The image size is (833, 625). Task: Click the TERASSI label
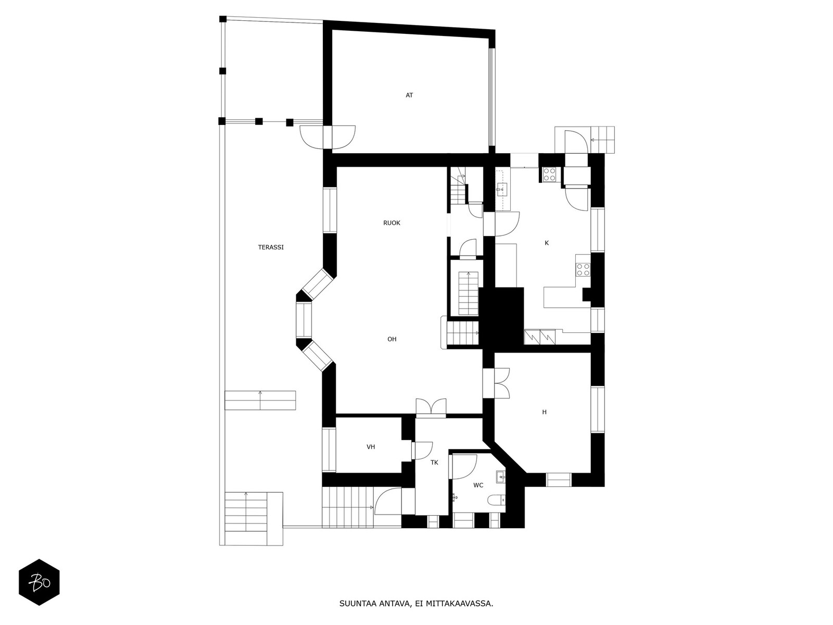[x=271, y=247]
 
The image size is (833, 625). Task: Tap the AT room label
[x=409, y=95]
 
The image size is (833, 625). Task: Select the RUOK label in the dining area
[x=392, y=223]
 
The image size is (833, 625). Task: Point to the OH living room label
[x=392, y=339]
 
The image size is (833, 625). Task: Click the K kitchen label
[x=547, y=243]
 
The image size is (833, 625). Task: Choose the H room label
[x=544, y=412]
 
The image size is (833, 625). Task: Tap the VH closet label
[x=370, y=447]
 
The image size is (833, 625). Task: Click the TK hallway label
[x=434, y=462]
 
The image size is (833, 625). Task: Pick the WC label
[x=478, y=485]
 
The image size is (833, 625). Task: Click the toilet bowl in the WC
[x=497, y=500]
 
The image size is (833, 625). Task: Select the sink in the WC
[x=500, y=477]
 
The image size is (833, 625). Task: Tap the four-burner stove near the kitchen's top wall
[x=549, y=174]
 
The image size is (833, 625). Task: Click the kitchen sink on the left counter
[x=502, y=189]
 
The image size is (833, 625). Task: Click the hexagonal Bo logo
[x=40, y=582]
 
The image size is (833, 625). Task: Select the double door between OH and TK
[x=431, y=407]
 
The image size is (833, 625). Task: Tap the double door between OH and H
[x=501, y=383]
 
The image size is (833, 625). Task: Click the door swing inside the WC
[x=462, y=467]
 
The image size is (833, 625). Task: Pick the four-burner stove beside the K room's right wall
[x=583, y=269]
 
